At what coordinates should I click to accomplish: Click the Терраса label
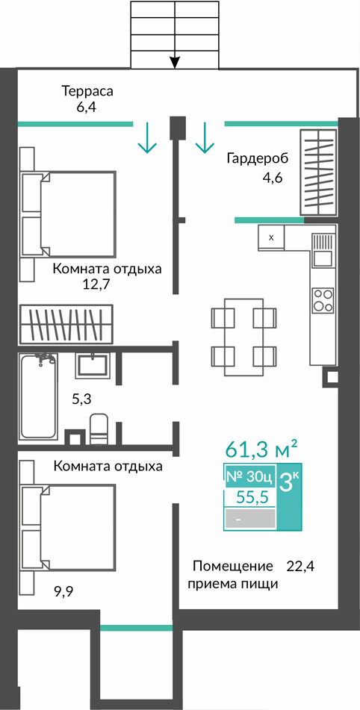pyautogui.click(x=87, y=92)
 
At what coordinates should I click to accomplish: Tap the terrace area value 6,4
pyautogui.click(x=87, y=108)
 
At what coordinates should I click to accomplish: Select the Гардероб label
pyautogui.click(x=257, y=159)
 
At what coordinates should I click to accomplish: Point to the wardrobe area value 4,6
pyautogui.click(x=272, y=177)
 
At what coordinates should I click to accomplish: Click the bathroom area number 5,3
pyautogui.click(x=81, y=399)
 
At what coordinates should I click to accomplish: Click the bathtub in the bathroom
pyautogui.click(x=38, y=396)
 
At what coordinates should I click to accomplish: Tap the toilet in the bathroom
pyautogui.click(x=99, y=429)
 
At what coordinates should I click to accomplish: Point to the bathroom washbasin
pyautogui.click(x=93, y=366)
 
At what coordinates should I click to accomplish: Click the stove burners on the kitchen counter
pyautogui.click(x=323, y=299)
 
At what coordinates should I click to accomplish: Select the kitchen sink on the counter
pyautogui.click(x=323, y=250)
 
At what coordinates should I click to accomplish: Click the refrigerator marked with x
pyautogui.click(x=271, y=237)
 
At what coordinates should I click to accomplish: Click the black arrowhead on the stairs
pyautogui.click(x=175, y=62)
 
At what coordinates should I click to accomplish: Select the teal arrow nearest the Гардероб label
pyautogui.click(x=204, y=137)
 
